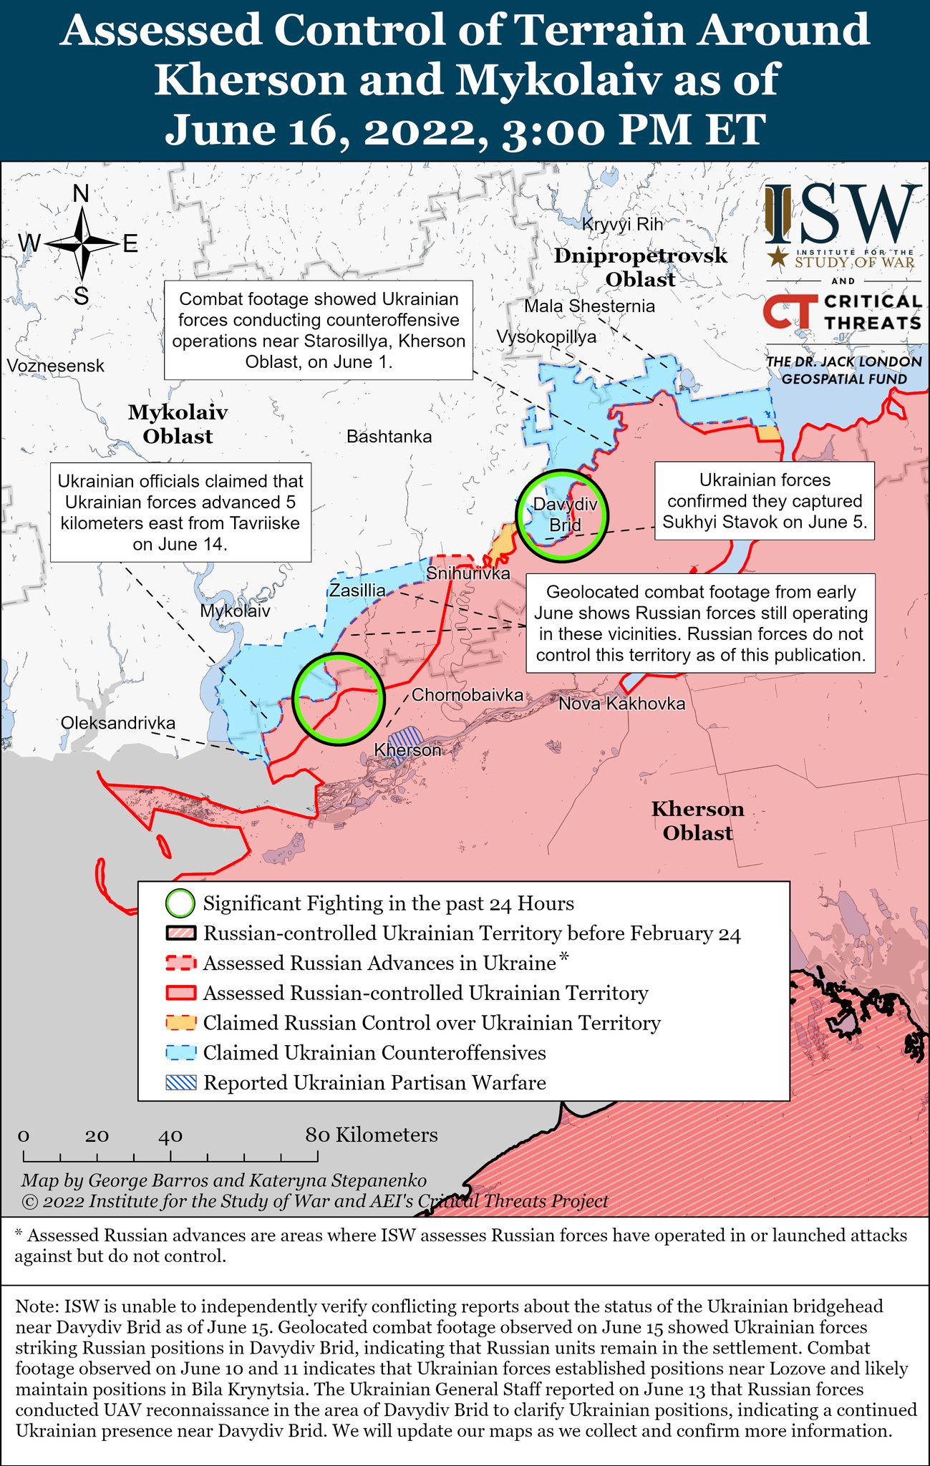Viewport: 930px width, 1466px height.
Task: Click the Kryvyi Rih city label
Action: (x=622, y=224)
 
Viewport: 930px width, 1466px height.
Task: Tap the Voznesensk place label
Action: (x=56, y=366)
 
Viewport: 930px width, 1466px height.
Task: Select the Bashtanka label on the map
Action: (x=389, y=437)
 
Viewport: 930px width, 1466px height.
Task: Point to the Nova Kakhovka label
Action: (x=621, y=704)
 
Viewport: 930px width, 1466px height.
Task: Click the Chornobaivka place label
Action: (x=467, y=694)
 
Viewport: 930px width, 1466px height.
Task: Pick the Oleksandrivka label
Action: (x=118, y=723)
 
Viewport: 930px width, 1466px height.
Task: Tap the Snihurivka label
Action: (x=468, y=573)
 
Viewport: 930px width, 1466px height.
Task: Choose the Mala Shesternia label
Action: (x=589, y=306)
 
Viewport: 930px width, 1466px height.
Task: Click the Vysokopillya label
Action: (x=546, y=336)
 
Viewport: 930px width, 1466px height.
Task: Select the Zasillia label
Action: (x=357, y=591)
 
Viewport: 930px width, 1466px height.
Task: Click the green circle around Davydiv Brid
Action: (x=562, y=514)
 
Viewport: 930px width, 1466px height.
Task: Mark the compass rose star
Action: (x=82, y=243)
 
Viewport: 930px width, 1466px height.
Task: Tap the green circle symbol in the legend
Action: (x=180, y=903)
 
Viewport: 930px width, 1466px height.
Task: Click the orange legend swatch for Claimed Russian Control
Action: (x=180, y=1023)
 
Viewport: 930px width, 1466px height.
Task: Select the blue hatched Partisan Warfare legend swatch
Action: (x=180, y=1083)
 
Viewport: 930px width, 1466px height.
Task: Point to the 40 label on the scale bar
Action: (x=170, y=1136)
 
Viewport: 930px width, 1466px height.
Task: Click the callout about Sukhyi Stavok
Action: (x=765, y=501)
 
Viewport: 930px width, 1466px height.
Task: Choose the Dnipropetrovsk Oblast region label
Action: (x=640, y=267)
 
